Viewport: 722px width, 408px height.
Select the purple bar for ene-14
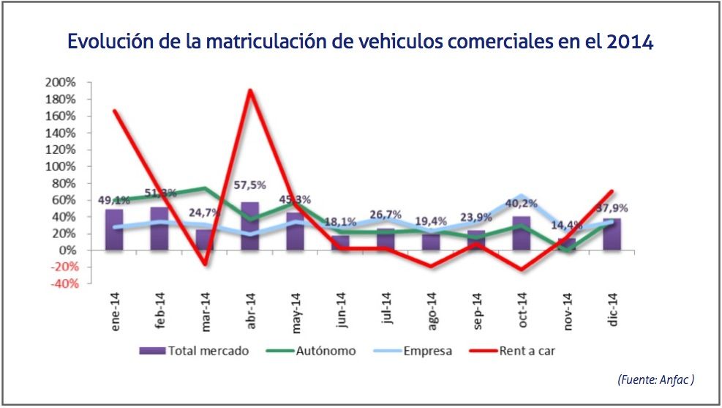[x=114, y=230]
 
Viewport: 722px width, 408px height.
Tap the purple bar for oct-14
[x=522, y=234]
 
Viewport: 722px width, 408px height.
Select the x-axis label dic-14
[x=613, y=308]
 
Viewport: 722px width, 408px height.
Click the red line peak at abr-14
[x=250, y=91]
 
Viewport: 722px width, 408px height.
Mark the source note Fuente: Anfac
[x=655, y=379]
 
